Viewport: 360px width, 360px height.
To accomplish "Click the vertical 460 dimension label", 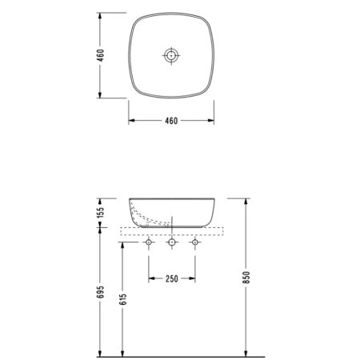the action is pyautogui.click(x=100, y=55).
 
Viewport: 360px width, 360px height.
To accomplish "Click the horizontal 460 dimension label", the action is pyautogui.click(x=171, y=121).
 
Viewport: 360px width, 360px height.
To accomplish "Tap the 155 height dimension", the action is pyautogui.click(x=100, y=212).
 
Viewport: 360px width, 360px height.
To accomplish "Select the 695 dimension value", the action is pyautogui.click(x=100, y=292).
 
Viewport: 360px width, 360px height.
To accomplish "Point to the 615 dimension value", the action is pyautogui.click(x=123, y=299).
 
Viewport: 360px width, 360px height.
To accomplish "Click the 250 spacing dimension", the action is pyautogui.click(x=171, y=279).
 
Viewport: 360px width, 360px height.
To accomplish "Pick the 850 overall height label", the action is pyautogui.click(x=246, y=278).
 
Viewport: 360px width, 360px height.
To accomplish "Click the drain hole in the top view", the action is pyautogui.click(x=171, y=55).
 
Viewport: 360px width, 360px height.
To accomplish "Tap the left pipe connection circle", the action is pyautogui.click(x=149, y=242).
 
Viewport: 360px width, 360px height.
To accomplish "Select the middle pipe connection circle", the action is pyautogui.click(x=172, y=242).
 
